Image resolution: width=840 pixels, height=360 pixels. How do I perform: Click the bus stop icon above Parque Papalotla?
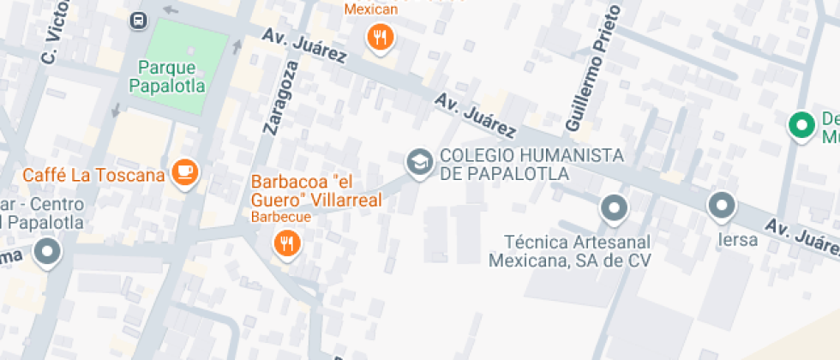click(137, 20)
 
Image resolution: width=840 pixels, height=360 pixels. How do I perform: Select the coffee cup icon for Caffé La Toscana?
click(184, 173)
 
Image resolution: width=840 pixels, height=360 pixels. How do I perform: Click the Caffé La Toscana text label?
click(93, 175)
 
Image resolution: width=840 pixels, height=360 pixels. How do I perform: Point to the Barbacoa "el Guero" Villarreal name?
click(315, 191)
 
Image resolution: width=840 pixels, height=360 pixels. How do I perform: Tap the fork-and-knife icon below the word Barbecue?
click(285, 244)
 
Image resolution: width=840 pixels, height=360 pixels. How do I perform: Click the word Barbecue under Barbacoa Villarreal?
click(280, 217)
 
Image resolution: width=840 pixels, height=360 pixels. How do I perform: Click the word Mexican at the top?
click(371, 9)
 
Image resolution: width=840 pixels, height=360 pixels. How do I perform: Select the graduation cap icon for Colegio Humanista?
click(418, 162)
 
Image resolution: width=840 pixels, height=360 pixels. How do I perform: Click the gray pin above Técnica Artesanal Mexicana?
click(614, 207)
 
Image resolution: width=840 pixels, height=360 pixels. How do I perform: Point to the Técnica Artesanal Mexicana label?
click(570, 250)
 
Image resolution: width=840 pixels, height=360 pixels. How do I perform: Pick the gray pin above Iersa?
click(722, 206)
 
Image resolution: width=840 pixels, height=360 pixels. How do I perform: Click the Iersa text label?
click(738, 240)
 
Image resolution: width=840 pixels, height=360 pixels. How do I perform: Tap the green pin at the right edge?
click(802, 124)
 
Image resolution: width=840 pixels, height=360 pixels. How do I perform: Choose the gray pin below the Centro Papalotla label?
click(47, 252)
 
